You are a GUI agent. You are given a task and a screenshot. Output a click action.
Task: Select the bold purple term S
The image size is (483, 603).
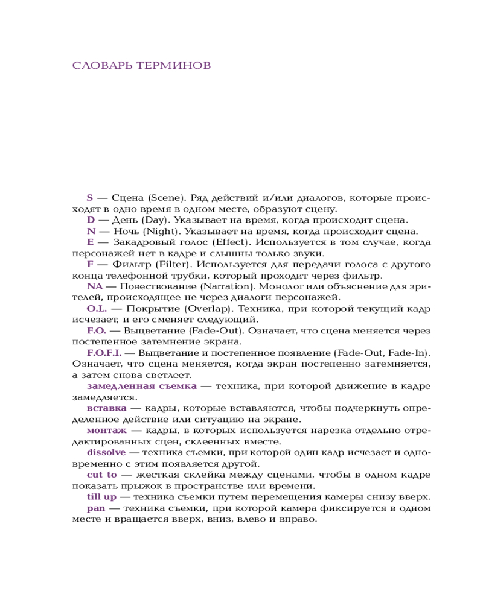[x=90, y=197]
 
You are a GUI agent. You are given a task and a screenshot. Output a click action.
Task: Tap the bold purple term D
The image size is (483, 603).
[x=91, y=219]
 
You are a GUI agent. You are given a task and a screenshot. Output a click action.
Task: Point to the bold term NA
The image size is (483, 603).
[x=95, y=286]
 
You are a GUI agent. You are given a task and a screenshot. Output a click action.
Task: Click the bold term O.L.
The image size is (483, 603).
[x=97, y=308]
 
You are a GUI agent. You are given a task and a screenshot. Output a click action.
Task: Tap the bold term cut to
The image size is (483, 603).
[x=102, y=475]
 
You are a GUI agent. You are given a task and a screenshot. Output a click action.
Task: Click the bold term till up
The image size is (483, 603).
[x=102, y=497]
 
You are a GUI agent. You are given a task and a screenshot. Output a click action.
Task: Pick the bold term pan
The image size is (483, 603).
[x=96, y=508]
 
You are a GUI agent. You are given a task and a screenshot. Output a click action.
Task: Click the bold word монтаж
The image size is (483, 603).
[x=107, y=430]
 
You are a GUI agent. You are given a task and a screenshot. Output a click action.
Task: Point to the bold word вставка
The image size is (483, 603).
[x=106, y=408]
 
